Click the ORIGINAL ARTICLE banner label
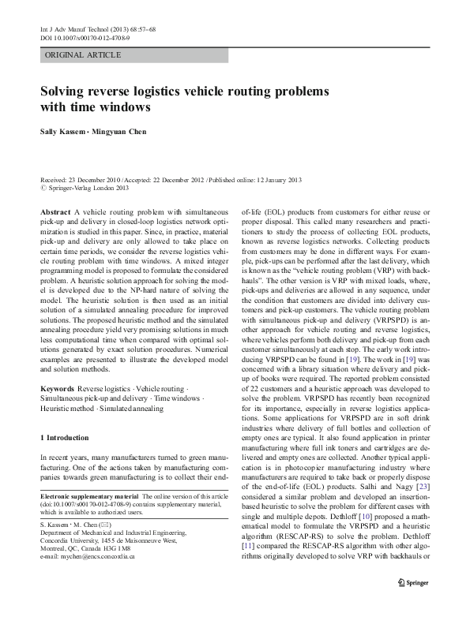click(x=83, y=55)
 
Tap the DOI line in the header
click(x=85, y=37)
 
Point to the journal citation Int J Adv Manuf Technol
click(x=75, y=28)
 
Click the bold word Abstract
click(x=55, y=213)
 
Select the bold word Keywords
click(x=58, y=389)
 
